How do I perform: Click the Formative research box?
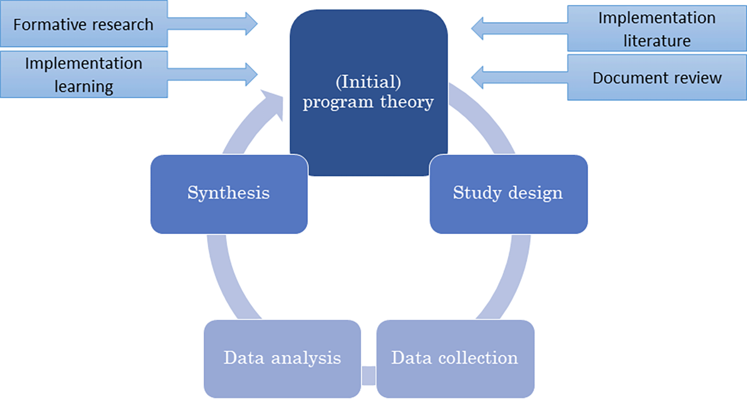click(83, 24)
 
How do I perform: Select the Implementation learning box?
click(83, 74)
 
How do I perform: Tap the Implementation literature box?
click(656, 29)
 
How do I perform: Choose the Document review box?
click(656, 78)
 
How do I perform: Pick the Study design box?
click(508, 194)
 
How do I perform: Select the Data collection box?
click(455, 359)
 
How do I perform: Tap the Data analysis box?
click(282, 359)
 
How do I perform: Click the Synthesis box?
click(229, 194)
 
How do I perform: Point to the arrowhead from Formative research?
click(251, 23)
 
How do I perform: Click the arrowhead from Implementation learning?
click(251, 74)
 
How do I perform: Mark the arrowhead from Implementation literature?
click(477, 28)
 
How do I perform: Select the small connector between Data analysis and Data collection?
click(369, 375)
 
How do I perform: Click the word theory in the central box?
click(407, 102)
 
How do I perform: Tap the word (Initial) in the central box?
click(368, 82)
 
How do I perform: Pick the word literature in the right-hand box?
click(656, 40)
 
